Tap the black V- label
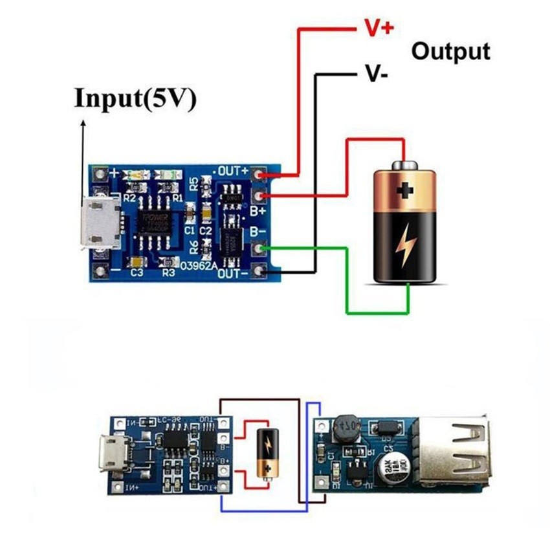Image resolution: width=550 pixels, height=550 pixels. pos(376,75)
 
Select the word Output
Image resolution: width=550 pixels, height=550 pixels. pos(450,51)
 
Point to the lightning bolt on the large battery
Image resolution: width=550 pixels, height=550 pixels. pos(406,246)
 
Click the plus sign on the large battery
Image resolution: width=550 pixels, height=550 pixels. pos(406,190)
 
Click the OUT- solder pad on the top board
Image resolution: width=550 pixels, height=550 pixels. pos(260,272)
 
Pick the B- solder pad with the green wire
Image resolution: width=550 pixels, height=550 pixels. pos(260,248)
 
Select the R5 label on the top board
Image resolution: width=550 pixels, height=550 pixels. pos(193,184)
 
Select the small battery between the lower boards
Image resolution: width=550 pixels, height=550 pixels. pos(266,452)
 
